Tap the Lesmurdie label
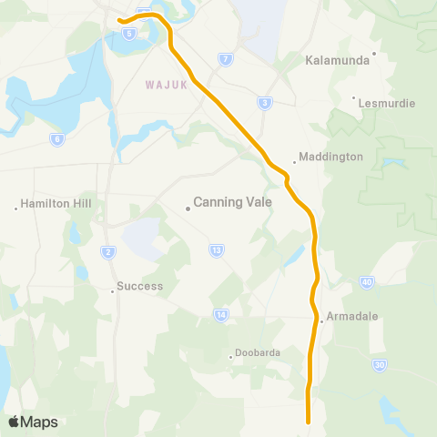(384, 103)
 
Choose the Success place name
(139, 286)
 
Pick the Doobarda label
(259, 352)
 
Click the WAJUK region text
(166, 86)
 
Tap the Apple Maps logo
(33, 422)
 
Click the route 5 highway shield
(130, 33)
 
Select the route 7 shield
(225, 59)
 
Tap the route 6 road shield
(57, 139)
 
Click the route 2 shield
(108, 251)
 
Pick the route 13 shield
(216, 249)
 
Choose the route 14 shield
(220, 315)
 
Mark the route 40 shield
(367, 282)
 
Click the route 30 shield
(379, 364)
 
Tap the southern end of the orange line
(309, 421)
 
